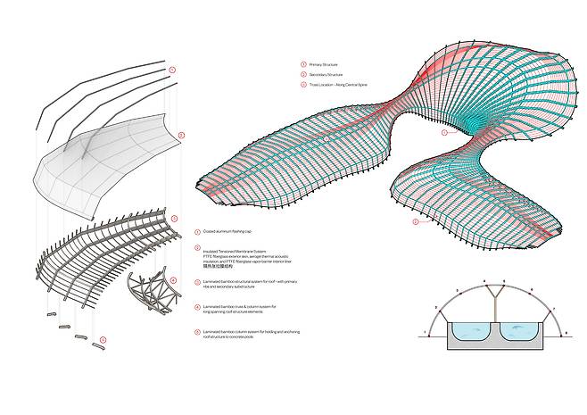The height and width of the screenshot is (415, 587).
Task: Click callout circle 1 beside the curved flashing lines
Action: click(172, 69)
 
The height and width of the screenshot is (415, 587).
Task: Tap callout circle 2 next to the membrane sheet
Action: click(180, 136)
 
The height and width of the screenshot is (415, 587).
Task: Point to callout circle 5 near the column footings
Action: click(103, 339)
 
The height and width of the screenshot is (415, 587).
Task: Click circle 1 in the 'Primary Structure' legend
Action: click(303, 64)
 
